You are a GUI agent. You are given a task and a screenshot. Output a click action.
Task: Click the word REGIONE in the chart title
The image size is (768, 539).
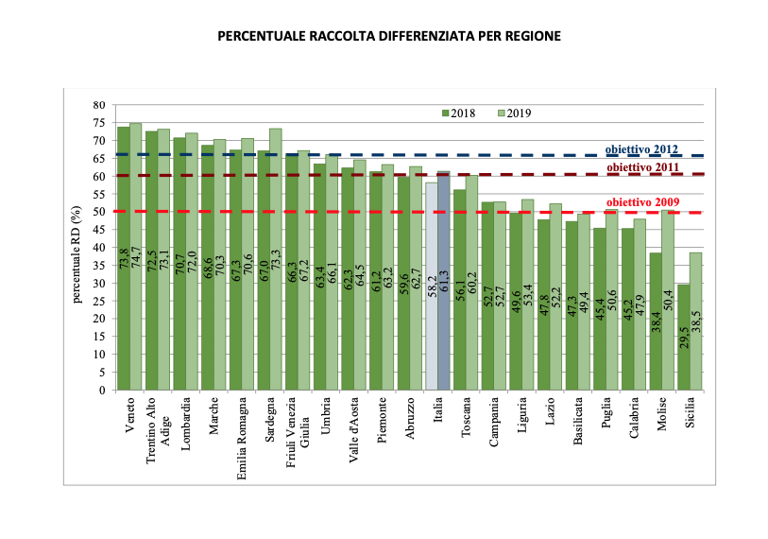click(531, 37)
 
